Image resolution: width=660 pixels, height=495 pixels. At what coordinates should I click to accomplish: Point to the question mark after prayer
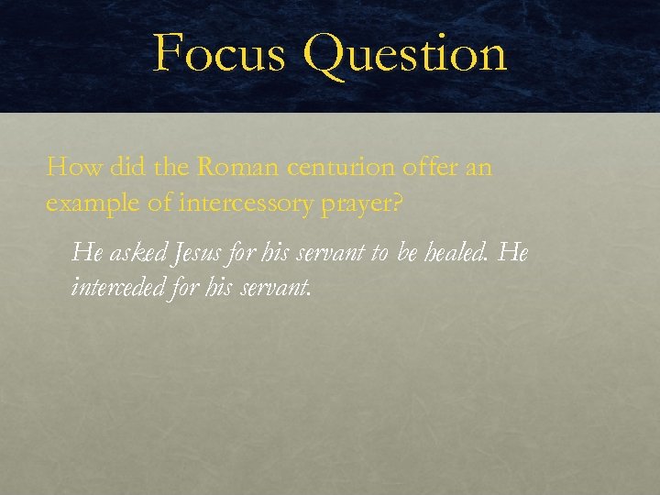coord(395,203)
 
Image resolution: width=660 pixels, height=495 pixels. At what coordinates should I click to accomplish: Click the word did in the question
coord(126,168)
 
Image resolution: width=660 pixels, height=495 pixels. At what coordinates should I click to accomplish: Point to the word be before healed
coord(409,251)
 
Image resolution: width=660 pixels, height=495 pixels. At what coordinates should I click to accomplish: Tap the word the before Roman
coord(171,168)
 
